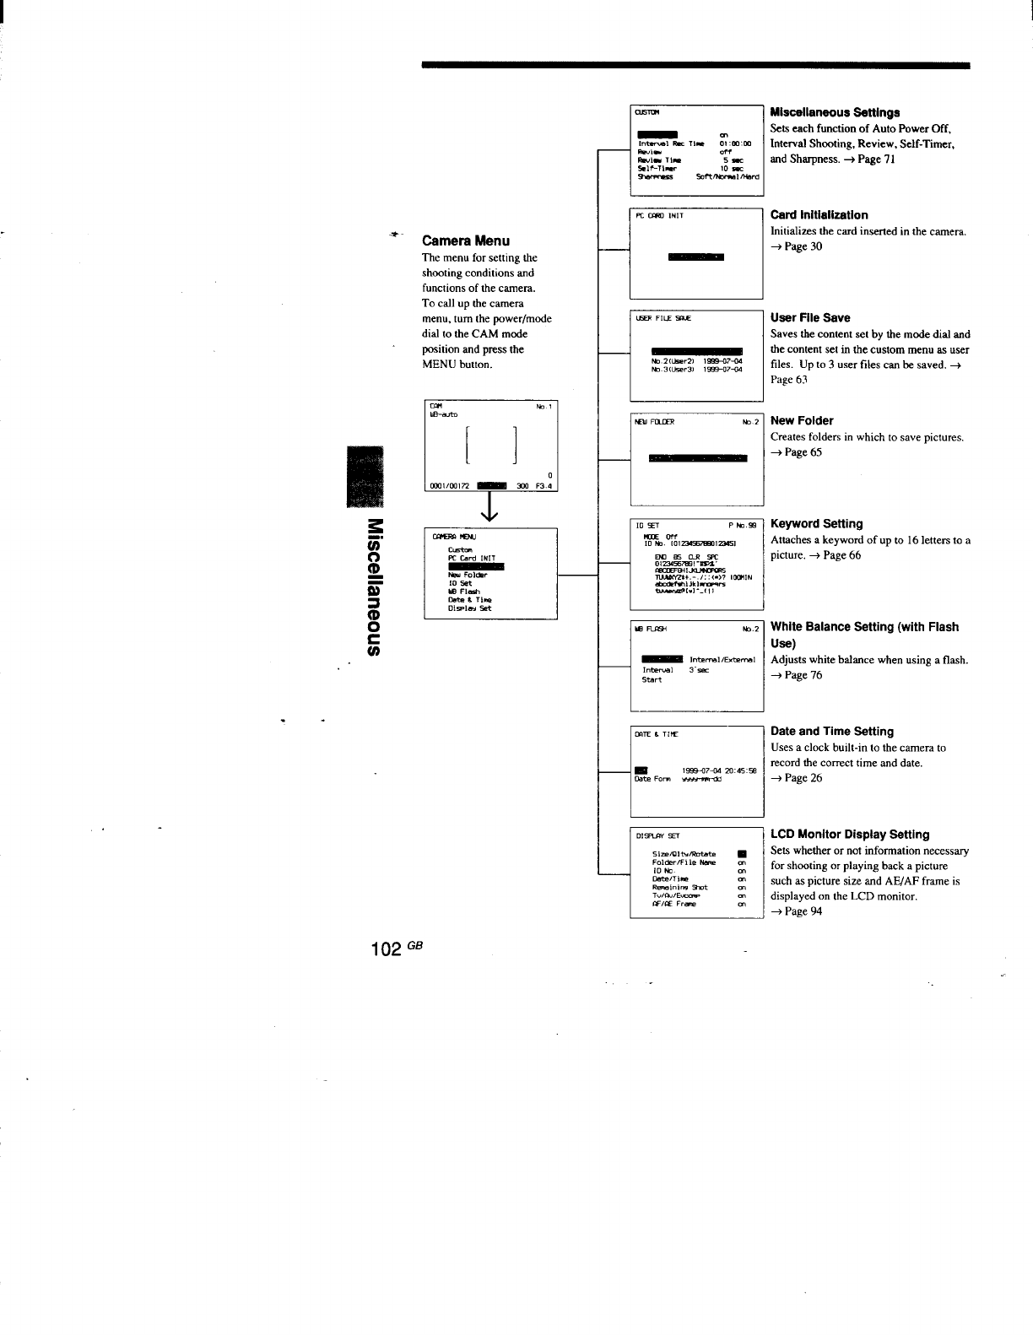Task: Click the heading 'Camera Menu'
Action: (x=465, y=241)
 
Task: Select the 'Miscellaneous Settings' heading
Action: (x=835, y=112)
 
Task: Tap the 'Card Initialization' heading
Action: (x=819, y=215)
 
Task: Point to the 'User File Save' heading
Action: (x=810, y=318)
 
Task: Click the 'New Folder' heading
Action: (x=802, y=421)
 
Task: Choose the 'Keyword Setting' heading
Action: (x=816, y=524)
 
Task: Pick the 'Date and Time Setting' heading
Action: (x=832, y=732)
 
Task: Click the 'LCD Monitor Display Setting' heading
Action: (x=850, y=835)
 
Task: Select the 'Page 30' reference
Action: (x=803, y=246)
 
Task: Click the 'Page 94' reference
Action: (x=803, y=911)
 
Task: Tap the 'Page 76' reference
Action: (x=803, y=675)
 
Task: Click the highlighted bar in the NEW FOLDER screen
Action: (x=698, y=458)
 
